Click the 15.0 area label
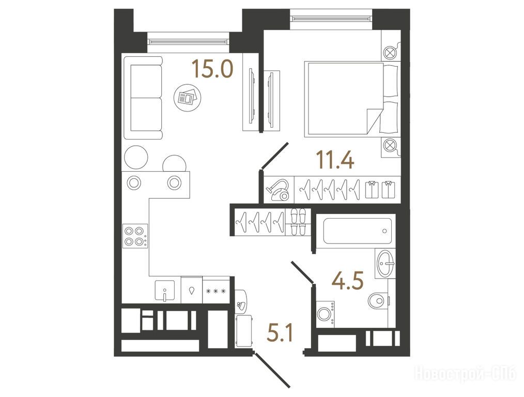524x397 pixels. click(x=212, y=69)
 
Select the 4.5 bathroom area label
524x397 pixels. click(x=347, y=280)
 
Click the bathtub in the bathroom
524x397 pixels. click(x=358, y=231)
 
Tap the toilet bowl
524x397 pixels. click(x=378, y=301)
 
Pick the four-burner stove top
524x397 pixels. click(x=135, y=236)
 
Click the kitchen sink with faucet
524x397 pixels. click(x=165, y=291)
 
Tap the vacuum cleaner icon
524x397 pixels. click(x=278, y=190)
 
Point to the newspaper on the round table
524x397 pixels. click(x=188, y=98)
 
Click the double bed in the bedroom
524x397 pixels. click(x=350, y=99)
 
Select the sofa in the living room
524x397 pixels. click(x=143, y=98)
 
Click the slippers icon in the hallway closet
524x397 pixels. click(x=298, y=222)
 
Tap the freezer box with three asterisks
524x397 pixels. click(x=216, y=291)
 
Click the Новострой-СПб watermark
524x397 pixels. click(x=465, y=373)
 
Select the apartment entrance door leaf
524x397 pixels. click(x=272, y=370)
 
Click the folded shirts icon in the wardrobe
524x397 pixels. click(x=380, y=190)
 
